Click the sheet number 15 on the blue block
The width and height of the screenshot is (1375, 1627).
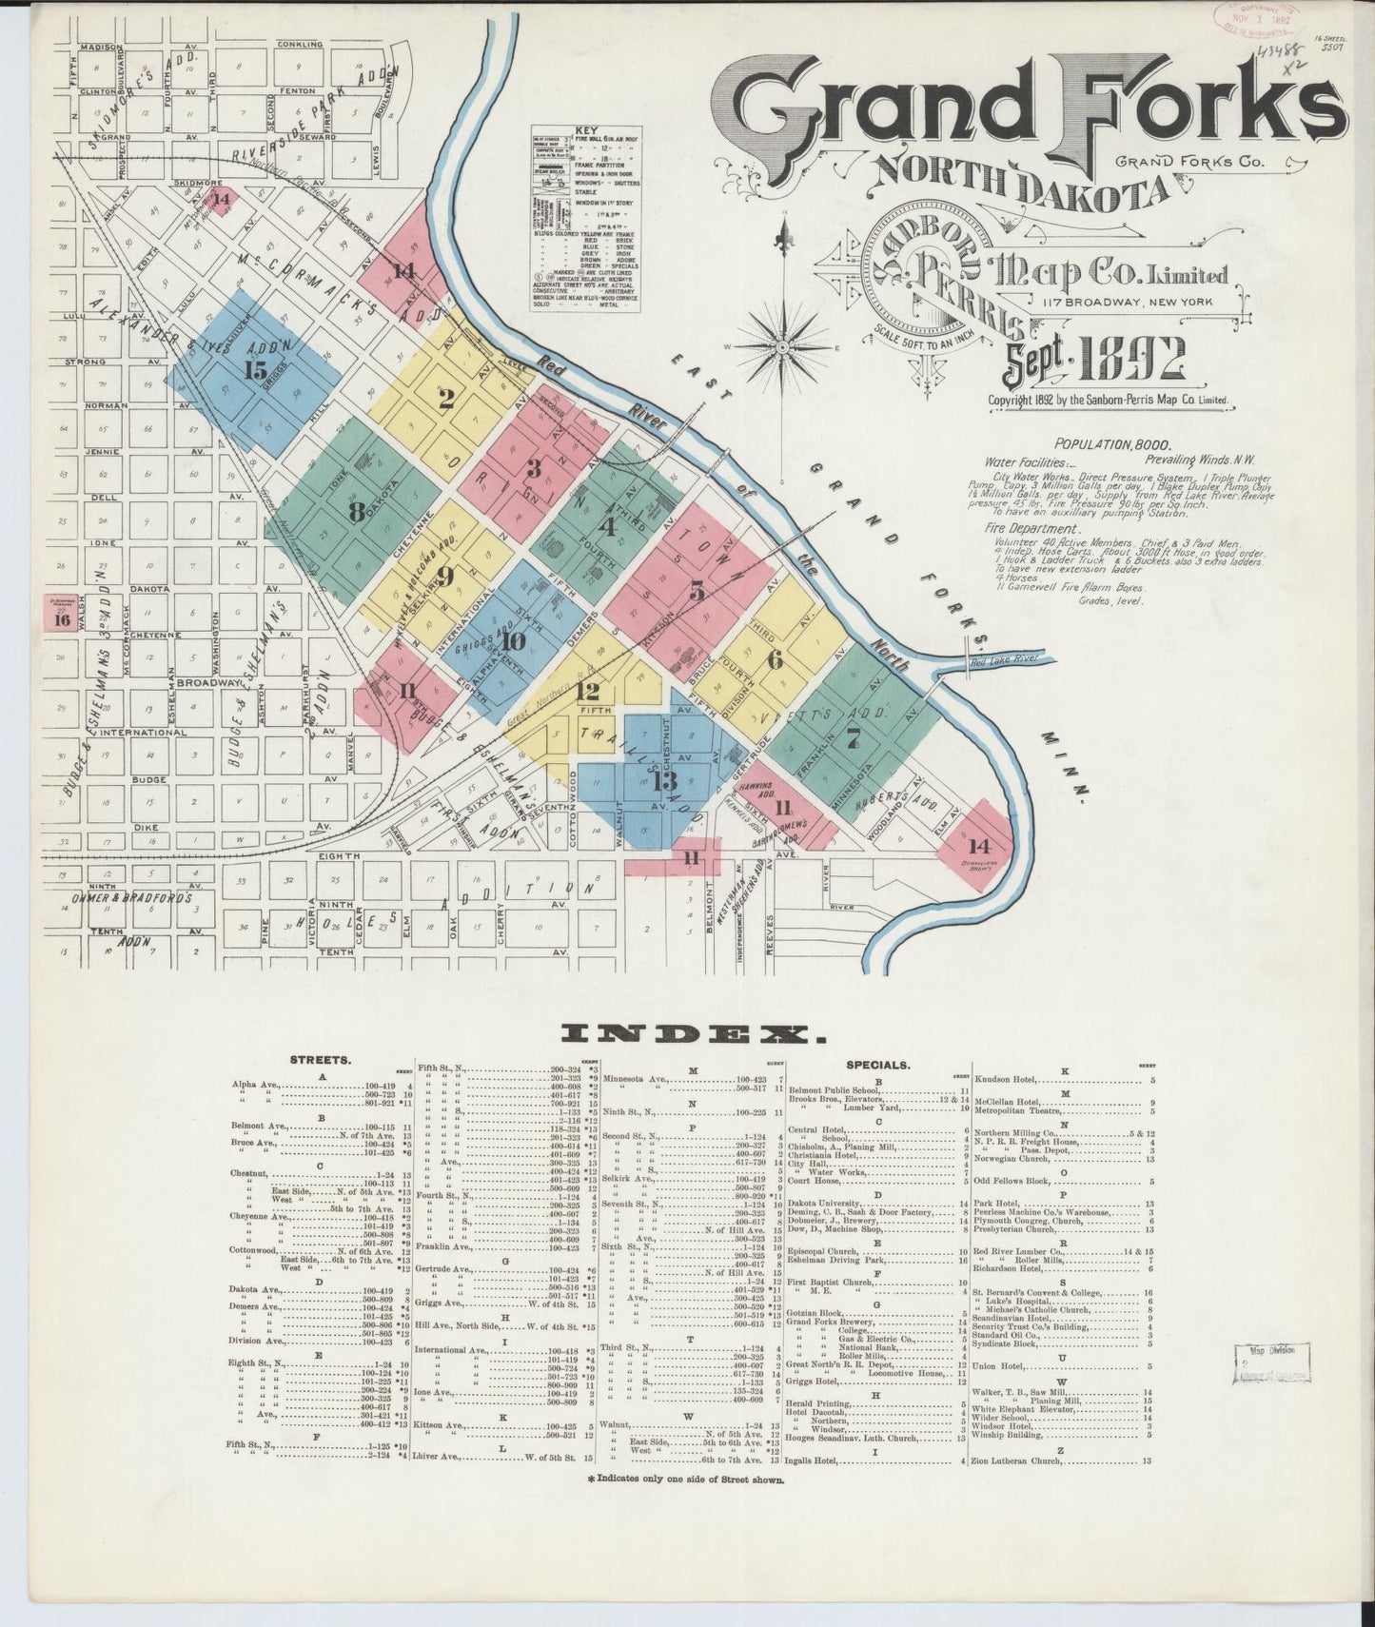point(255,370)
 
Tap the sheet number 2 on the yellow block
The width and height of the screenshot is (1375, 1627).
point(444,400)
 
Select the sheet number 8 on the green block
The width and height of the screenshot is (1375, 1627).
point(357,512)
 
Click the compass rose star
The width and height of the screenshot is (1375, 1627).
point(780,348)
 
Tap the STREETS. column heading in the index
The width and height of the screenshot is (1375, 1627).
point(321,1058)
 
